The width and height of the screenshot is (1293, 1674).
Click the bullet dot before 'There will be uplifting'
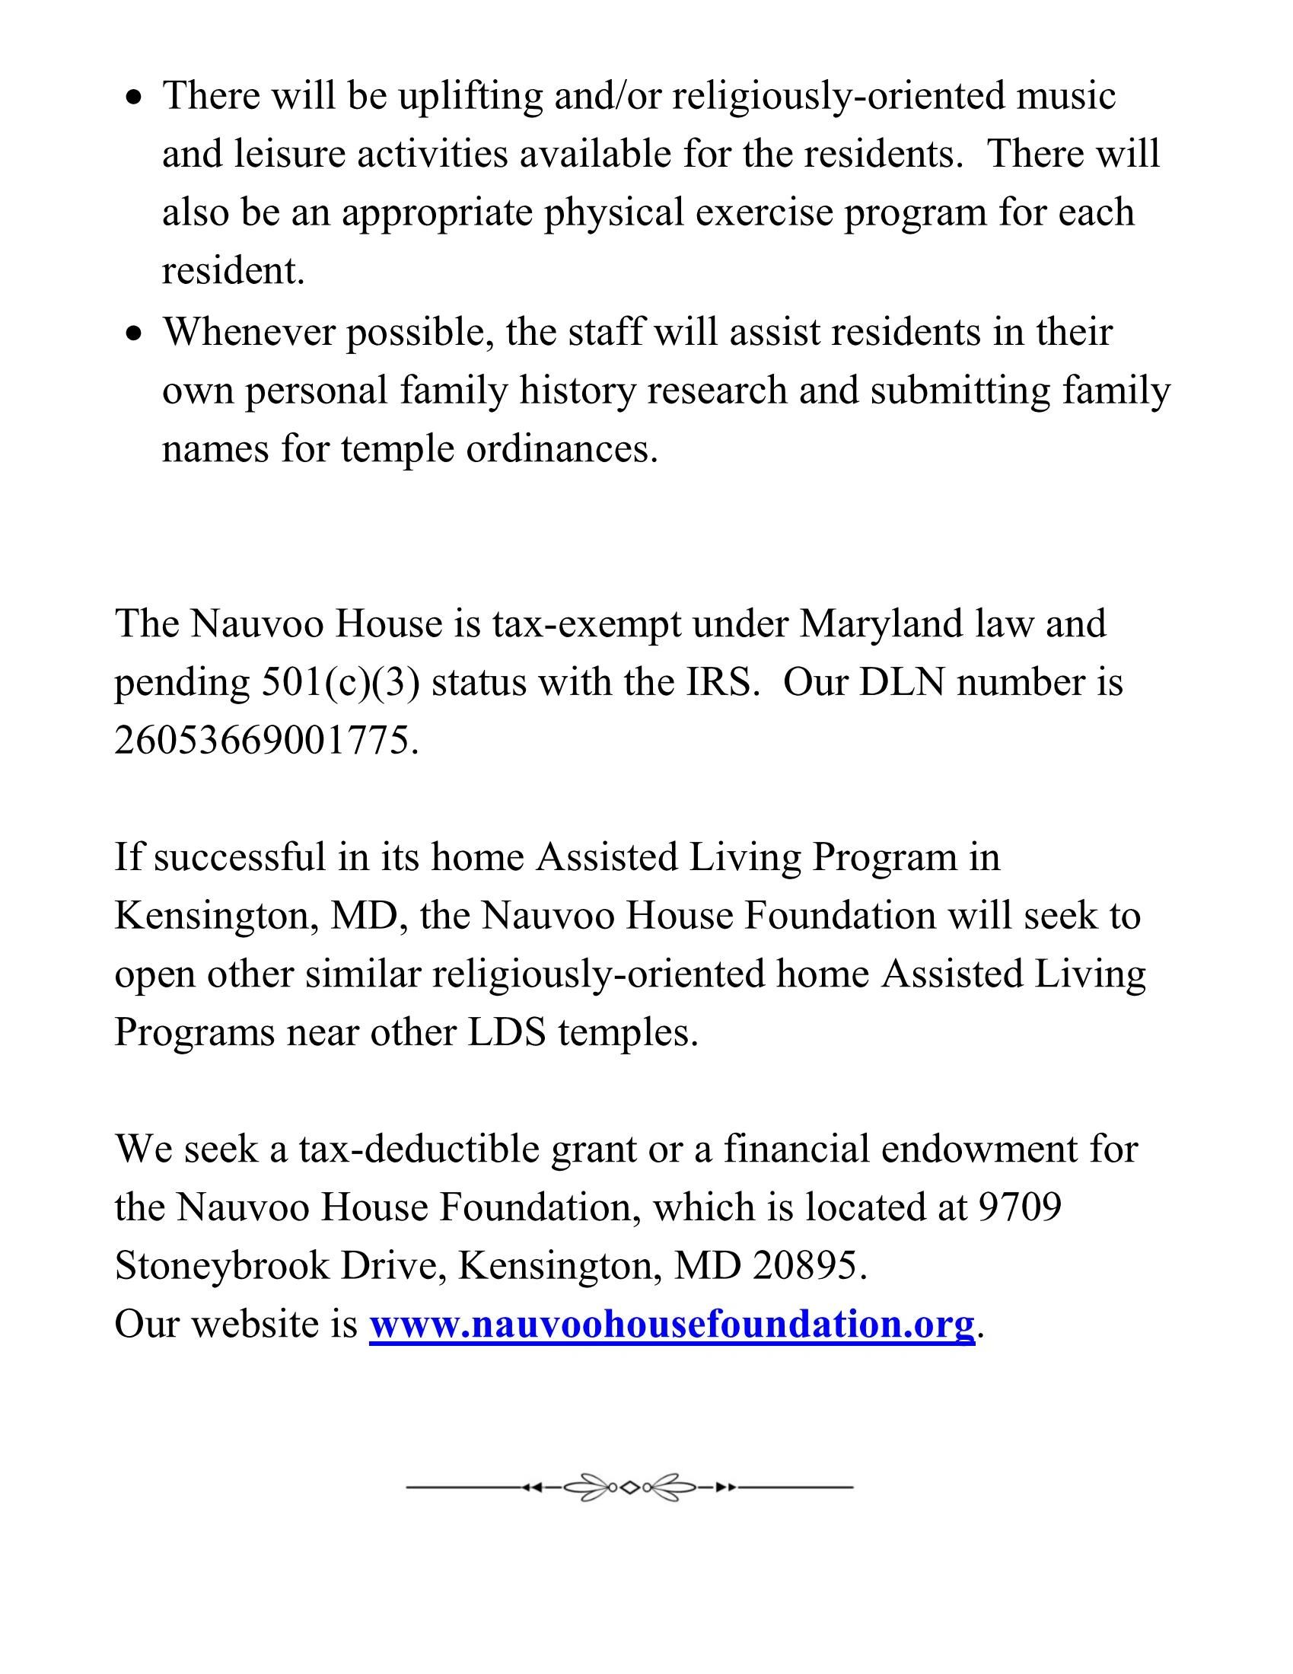tap(135, 99)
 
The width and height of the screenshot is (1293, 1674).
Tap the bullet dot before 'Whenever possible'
tap(135, 335)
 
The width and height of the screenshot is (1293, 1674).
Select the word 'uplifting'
tap(470, 97)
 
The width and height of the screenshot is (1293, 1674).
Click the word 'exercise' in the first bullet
tap(763, 214)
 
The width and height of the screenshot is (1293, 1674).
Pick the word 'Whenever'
tap(249, 333)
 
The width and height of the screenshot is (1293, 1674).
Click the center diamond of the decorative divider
tap(629, 1487)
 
